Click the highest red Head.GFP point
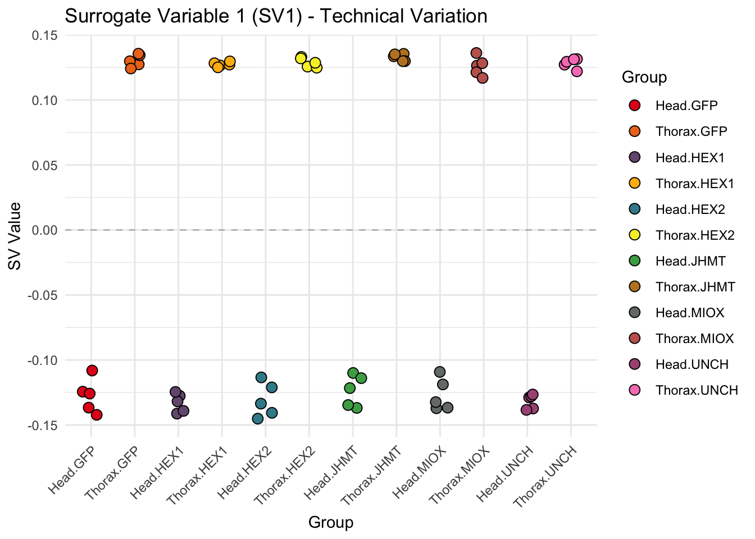coord(92,371)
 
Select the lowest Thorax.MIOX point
coord(483,78)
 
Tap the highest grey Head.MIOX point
coord(440,372)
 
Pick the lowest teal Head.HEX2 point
coord(258,418)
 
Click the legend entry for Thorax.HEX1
coord(694,184)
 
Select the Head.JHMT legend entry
coord(690,261)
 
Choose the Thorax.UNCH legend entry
coord(696,390)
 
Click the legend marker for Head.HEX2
coord(635,209)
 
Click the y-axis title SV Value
coord(15,236)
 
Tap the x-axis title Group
coord(331,523)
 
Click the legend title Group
coord(644,77)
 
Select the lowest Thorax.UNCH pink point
coord(576,71)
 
